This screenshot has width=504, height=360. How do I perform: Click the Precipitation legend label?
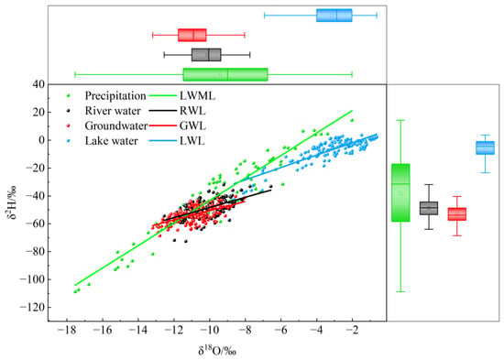[x=115, y=96]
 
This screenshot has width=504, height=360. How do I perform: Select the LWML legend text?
[x=197, y=96]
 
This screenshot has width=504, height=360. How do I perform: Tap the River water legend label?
[x=113, y=111]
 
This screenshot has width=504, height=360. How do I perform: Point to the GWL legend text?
[x=192, y=126]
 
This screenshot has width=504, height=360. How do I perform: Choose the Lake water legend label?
[x=111, y=141]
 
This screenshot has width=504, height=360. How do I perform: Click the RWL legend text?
[x=192, y=111]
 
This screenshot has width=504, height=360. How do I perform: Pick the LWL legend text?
[x=192, y=141]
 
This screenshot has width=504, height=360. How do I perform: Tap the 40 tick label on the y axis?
[x=38, y=84]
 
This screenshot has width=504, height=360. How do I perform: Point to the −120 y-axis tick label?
[x=32, y=307]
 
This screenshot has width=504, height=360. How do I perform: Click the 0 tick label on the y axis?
[x=42, y=140]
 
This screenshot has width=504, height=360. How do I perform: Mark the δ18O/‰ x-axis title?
[x=217, y=351]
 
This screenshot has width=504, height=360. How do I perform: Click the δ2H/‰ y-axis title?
[x=13, y=203]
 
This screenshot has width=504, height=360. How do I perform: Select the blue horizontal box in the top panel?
[x=334, y=16]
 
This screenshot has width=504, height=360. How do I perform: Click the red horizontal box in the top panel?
[x=192, y=35]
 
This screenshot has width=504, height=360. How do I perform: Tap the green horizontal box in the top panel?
[x=225, y=74]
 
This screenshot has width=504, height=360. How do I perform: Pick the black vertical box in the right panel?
[x=429, y=208]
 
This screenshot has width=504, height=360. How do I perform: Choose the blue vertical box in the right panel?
[x=485, y=147]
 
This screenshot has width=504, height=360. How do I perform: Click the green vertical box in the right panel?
[x=400, y=193]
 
